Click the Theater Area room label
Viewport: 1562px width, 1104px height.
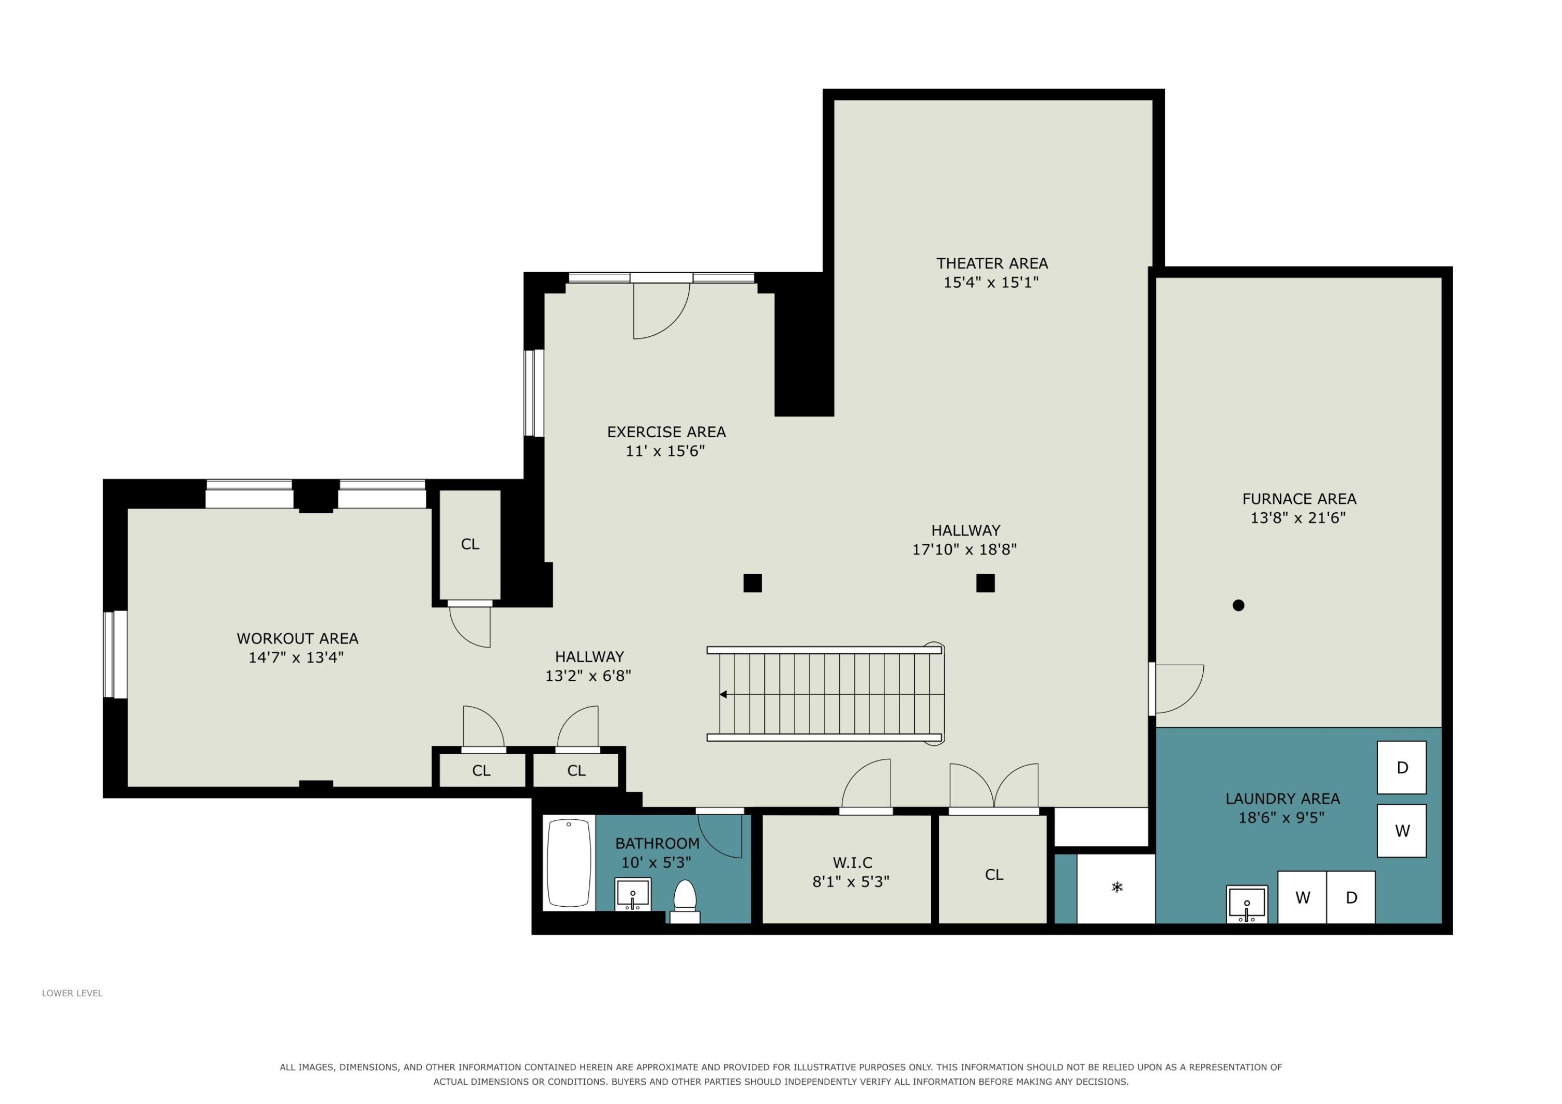coord(992,263)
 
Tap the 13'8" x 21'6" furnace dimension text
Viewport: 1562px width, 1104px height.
coord(1298,518)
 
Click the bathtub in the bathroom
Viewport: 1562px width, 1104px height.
coord(569,862)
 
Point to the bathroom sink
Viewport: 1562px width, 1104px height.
coord(633,894)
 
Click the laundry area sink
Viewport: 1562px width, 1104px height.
coord(1247,903)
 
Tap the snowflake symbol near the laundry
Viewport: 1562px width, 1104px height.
coord(1117,887)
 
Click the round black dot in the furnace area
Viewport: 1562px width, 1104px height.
coord(1238,605)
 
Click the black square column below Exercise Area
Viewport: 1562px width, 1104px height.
coord(752,583)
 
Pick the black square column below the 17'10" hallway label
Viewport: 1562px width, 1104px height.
coord(985,583)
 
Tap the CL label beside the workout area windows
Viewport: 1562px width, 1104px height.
coord(470,544)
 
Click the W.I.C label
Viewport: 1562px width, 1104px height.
coord(852,862)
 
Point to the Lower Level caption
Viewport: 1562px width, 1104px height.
coord(72,993)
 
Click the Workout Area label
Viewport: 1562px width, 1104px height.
coord(297,639)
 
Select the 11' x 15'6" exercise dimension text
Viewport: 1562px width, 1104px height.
coord(665,451)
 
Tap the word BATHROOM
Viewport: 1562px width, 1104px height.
coord(657,843)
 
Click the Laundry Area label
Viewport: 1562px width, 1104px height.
coord(1282,798)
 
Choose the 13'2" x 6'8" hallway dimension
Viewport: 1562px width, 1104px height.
coord(588,676)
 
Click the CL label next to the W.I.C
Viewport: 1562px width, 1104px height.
coord(994,875)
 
